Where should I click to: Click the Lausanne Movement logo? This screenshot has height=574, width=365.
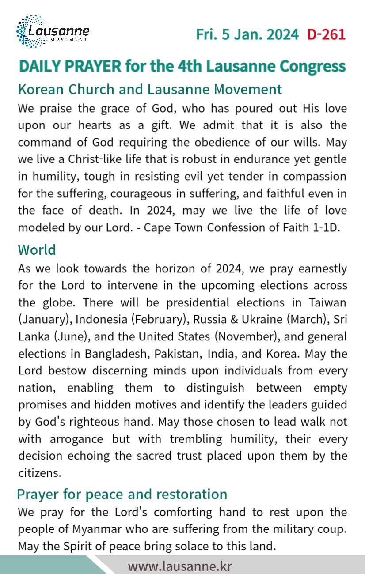click(53, 32)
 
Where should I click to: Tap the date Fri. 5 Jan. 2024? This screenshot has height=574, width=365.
click(247, 34)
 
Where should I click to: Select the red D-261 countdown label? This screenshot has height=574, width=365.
click(326, 34)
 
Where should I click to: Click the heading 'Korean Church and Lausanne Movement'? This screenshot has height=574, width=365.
click(150, 89)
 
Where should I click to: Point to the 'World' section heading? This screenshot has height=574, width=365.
click(37, 250)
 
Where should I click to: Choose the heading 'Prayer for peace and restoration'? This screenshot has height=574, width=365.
click(122, 494)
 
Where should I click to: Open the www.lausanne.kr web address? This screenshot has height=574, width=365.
click(180, 566)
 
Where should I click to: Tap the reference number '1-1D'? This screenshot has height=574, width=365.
click(325, 227)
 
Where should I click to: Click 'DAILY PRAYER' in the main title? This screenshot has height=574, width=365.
click(70, 66)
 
